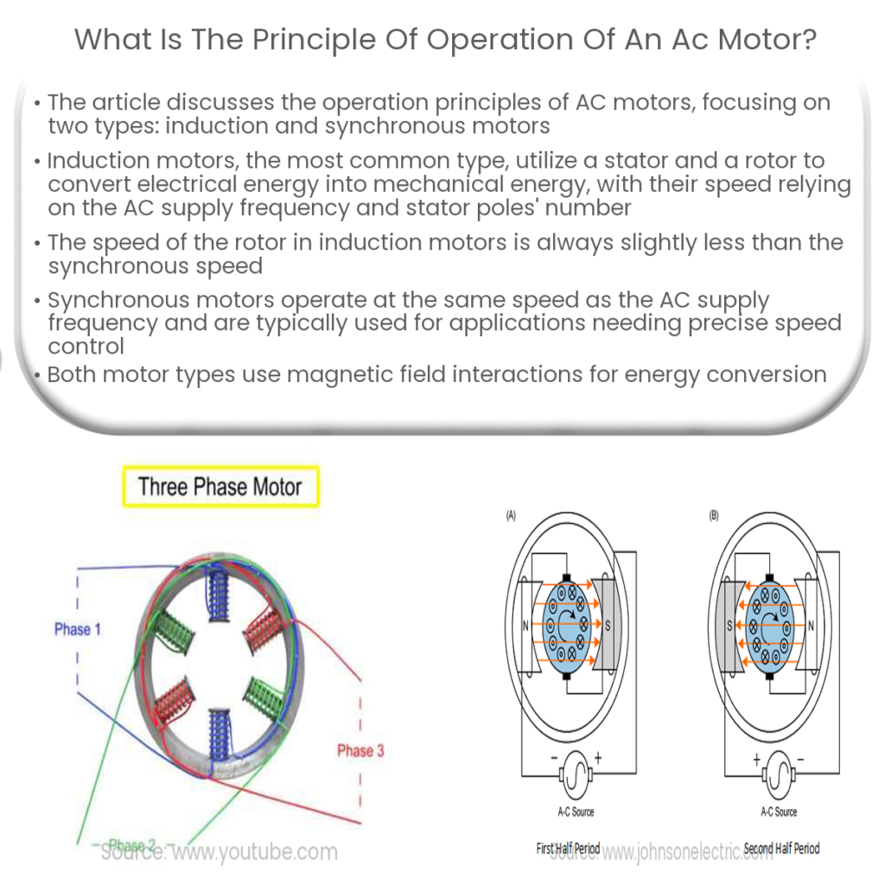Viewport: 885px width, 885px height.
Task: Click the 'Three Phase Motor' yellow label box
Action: click(220, 487)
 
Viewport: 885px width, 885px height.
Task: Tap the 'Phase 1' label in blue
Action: click(77, 629)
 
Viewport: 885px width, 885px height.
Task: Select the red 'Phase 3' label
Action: click(360, 750)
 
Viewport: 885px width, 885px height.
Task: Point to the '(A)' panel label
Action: click(510, 517)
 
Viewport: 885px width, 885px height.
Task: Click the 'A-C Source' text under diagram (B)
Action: click(779, 812)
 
